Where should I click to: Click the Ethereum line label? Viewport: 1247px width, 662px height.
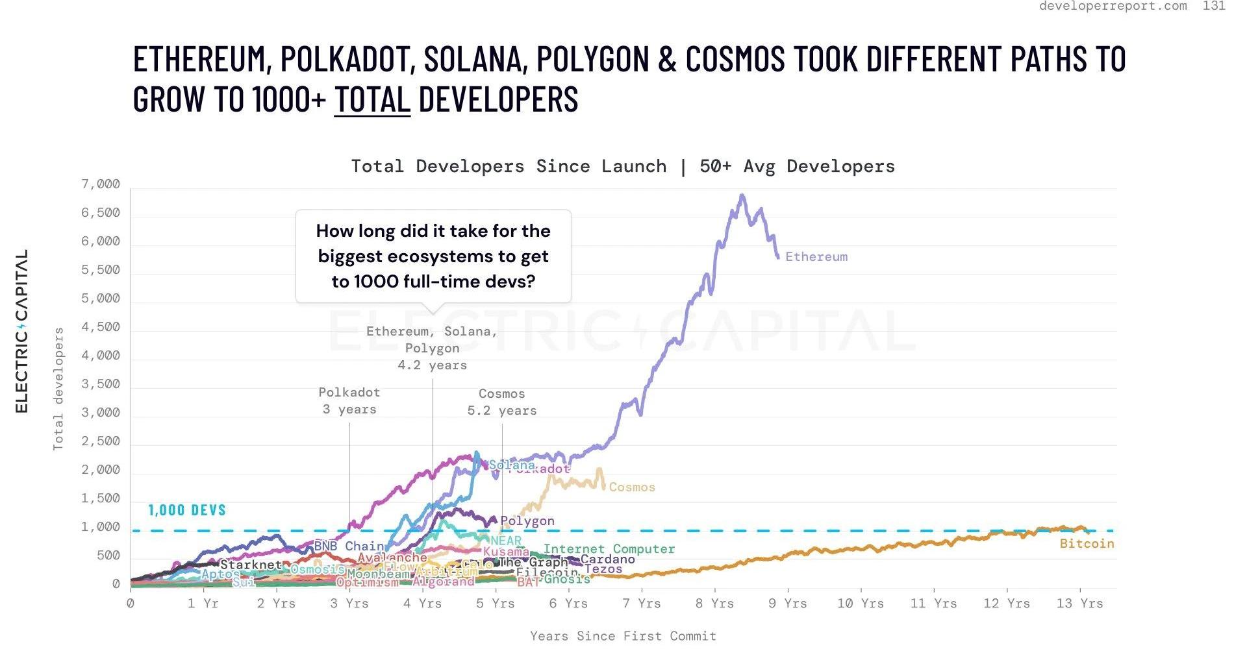pos(816,257)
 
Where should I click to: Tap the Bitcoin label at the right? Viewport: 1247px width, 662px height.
pos(1087,544)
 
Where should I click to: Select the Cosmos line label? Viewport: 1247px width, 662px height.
pos(631,487)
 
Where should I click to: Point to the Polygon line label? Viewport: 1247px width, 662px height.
pos(527,521)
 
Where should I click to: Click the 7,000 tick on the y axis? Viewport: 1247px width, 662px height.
pos(101,184)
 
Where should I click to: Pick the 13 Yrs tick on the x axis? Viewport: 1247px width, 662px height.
pos(1079,604)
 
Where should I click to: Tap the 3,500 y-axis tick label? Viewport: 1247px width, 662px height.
pos(101,384)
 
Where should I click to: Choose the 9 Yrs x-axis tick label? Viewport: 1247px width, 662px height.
pos(787,604)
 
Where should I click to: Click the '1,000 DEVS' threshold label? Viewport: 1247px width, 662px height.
pos(187,510)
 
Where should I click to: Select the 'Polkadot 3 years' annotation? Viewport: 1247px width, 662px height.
pos(349,401)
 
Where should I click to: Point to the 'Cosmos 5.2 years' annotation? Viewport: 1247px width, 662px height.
pos(502,402)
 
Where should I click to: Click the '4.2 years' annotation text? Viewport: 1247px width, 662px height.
pos(432,365)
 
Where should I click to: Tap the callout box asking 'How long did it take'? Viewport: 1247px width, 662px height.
pos(433,256)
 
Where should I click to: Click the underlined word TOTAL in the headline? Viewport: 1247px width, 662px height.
pos(372,99)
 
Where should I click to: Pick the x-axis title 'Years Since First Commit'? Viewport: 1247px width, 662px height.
pos(623,636)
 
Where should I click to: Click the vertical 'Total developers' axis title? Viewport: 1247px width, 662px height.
pos(58,389)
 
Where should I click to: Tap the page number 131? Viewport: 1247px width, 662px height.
pos(1214,6)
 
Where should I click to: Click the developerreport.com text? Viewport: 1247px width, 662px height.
pos(1113,6)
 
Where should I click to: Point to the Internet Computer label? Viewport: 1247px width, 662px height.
pos(609,549)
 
